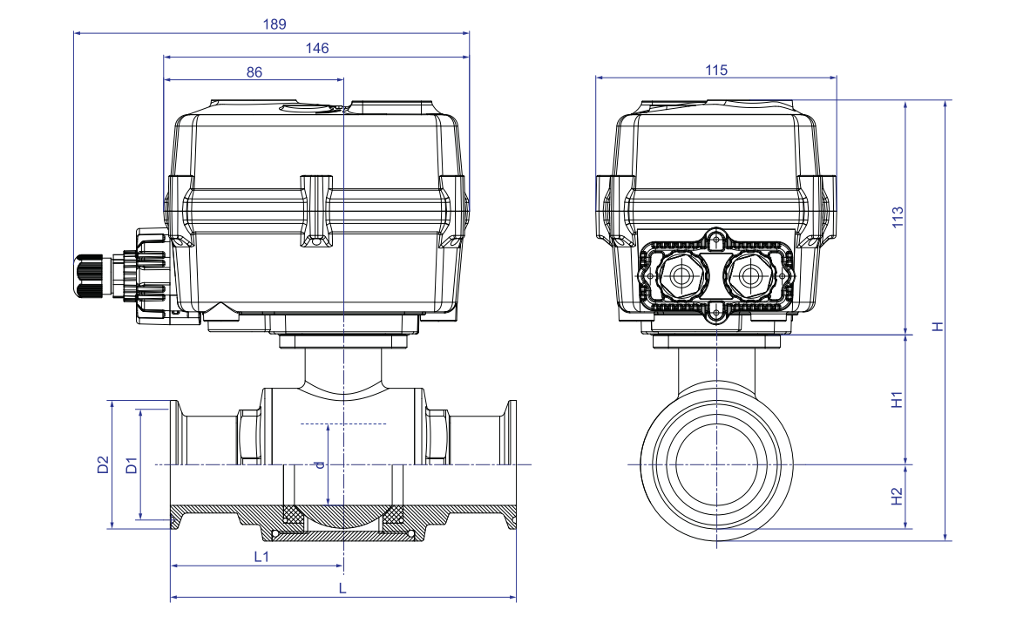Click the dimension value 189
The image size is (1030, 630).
pos(274,24)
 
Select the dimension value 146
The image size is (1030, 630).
pos(317,48)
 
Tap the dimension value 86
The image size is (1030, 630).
pos(254,72)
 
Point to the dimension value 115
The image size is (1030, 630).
pos(715,70)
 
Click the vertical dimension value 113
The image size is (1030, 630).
pos(898,217)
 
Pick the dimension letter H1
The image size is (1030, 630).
pos(898,400)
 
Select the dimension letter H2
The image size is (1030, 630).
pos(898,496)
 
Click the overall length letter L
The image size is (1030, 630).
pos(342,589)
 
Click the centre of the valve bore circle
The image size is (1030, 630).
pos(716,464)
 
